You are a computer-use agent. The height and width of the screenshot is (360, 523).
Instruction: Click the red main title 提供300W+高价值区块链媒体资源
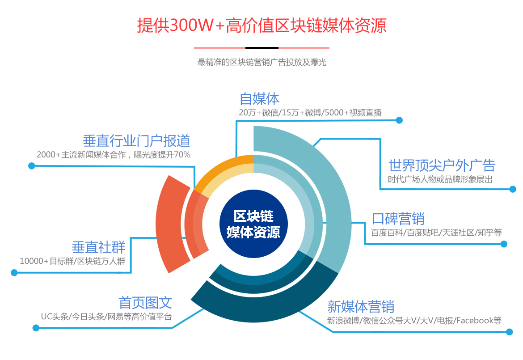(x=262, y=25)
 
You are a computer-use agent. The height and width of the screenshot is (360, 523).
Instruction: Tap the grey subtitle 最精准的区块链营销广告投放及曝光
(x=262, y=63)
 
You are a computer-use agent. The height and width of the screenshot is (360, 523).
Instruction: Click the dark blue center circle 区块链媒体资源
(x=253, y=224)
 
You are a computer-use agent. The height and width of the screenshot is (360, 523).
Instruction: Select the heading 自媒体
(x=260, y=99)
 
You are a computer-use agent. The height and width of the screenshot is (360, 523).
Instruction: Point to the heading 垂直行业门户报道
(x=136, y=141)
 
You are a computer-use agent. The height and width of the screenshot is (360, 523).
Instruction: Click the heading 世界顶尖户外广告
(x=442, y=165)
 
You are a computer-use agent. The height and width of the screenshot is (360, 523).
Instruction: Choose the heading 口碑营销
(x=398, y=219)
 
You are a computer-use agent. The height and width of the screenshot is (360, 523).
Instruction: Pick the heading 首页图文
(x=145, y=303)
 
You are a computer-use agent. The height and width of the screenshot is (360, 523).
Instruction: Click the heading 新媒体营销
(x=361, y=307)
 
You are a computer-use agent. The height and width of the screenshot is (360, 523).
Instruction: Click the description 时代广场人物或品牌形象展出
(x=440, y=179)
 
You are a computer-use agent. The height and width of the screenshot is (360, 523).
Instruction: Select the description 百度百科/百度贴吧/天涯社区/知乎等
(x=437, y=233)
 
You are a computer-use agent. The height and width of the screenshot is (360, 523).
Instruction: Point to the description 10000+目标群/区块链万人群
(x=72, y=261)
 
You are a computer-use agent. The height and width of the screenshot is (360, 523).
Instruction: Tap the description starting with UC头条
(x=106, y=317)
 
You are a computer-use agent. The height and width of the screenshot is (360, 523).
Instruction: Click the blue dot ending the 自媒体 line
(x=399, y=120)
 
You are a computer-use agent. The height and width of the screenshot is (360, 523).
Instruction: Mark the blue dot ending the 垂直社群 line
(x=14, y=273)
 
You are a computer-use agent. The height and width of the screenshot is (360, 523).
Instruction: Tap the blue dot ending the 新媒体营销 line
(x=509, y=332)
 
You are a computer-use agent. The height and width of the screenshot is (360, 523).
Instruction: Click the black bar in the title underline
(x=262, y=48)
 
